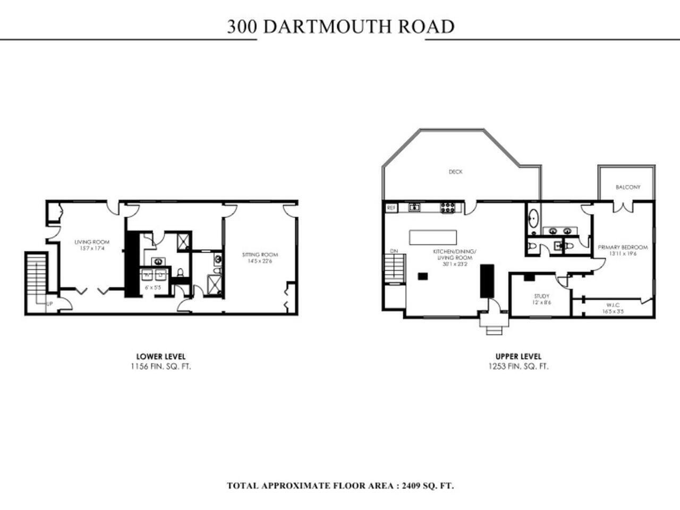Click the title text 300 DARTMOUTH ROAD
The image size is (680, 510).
[x=341, y=26]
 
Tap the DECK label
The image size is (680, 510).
[x=455, y=172]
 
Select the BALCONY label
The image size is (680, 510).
[x=627, y=187]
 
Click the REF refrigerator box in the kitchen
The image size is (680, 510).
[x=392, y=208]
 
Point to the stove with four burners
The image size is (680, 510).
[x=447, y=208]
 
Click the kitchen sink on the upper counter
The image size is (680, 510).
[x=414, y=208]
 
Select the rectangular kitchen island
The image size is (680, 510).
[x=432, y=237]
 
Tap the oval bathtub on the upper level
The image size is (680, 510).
[x=533, y=218]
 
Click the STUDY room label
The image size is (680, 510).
[x=542, y=296]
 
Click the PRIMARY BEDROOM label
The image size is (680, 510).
[x=623, y=247]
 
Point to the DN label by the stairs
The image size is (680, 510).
[x=394, y=251]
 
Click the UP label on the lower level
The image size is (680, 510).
[x=49, y=304]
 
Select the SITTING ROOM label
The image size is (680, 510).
[x=260, y=254]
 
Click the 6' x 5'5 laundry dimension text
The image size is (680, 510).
[x=154, y=287]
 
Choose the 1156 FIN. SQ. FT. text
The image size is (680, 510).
[x=160, y=367]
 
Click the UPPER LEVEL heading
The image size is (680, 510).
[x=518, y=356]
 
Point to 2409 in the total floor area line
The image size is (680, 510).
[x=413, y=485]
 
